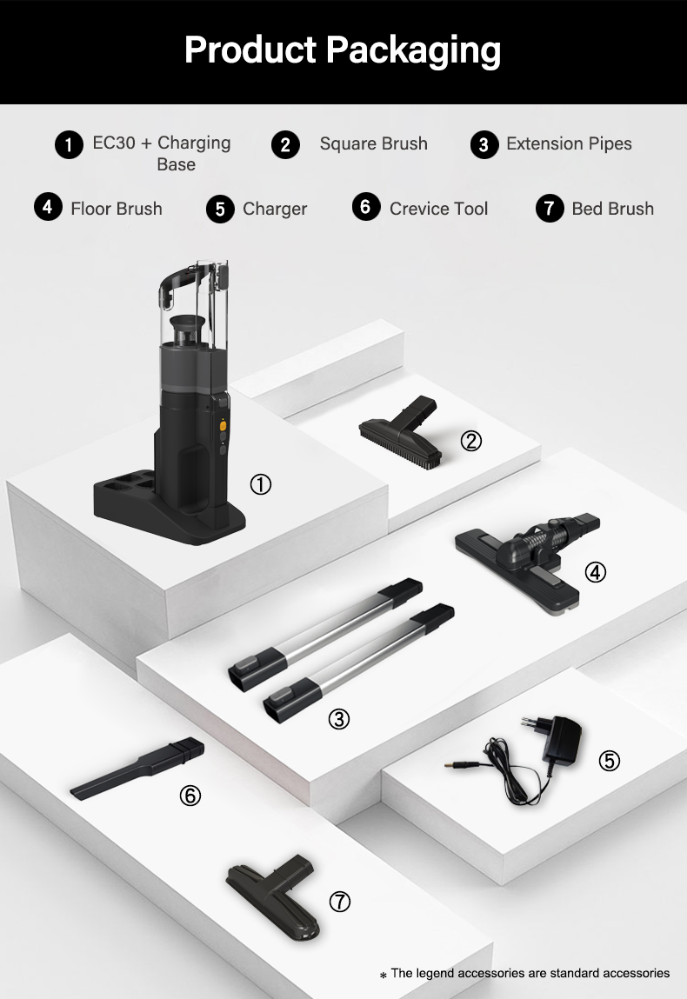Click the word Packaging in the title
(413, 51)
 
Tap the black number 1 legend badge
(69, 144)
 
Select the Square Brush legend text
(373, 144)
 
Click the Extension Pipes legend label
(569, 144)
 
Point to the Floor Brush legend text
(117, 209)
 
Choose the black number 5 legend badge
(220, 209)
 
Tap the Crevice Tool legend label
(438, 209)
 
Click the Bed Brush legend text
(612, 209)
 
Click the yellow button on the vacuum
(223, 425)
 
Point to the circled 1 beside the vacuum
(261, 484)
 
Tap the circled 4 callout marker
(595, 572)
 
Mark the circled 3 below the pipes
(339, 719)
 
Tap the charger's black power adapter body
(562, 738)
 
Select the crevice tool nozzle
(137, 769)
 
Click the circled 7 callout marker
(340, 902)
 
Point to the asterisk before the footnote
(383, 976)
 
